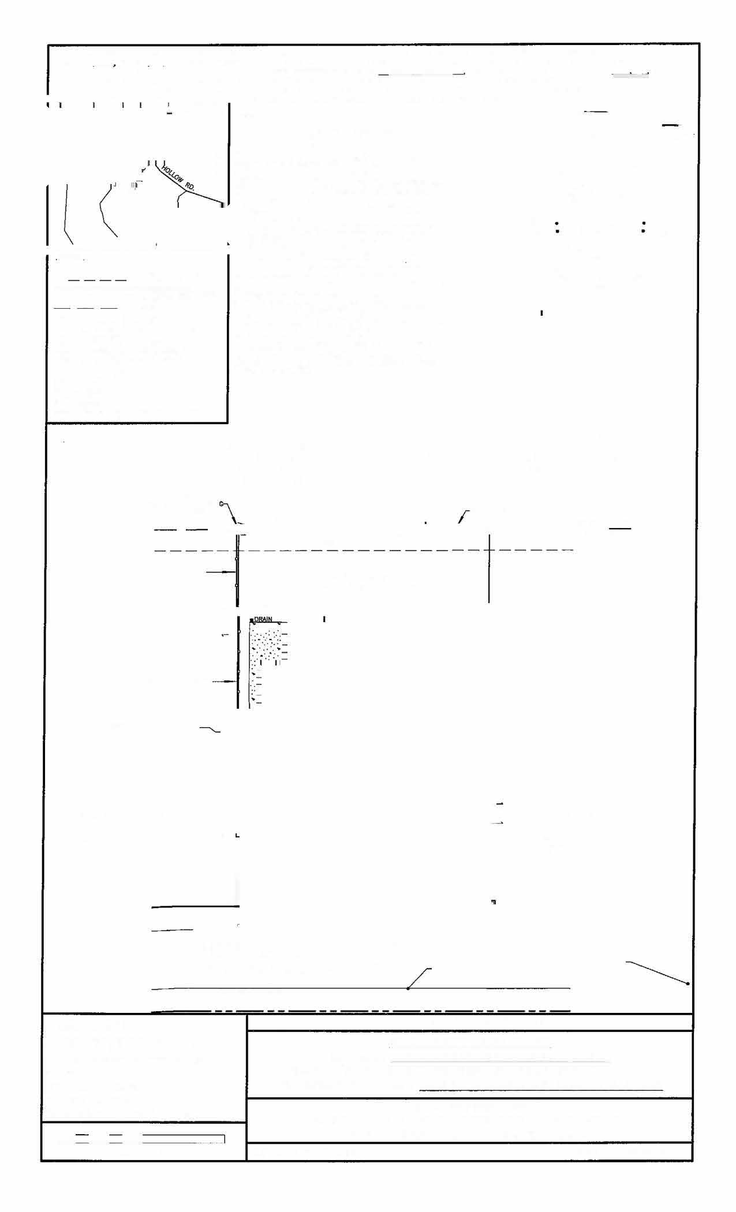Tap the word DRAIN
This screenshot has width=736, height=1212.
(263, 619)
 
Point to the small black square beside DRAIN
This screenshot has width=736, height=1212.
(252, 620)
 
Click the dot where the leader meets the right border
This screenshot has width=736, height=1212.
(688, 983)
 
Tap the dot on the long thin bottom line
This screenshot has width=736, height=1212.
(408, 989)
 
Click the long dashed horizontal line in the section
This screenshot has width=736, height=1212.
(364, 551)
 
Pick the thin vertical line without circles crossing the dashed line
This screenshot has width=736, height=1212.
(489, 568)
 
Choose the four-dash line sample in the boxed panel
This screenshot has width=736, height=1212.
(97, 280)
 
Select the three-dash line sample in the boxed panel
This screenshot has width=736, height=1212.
(86, 308)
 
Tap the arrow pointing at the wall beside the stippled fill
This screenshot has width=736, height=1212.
(224, 682)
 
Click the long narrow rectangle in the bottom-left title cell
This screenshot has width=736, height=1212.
(184, 1139)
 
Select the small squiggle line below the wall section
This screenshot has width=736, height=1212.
(210, 730)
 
